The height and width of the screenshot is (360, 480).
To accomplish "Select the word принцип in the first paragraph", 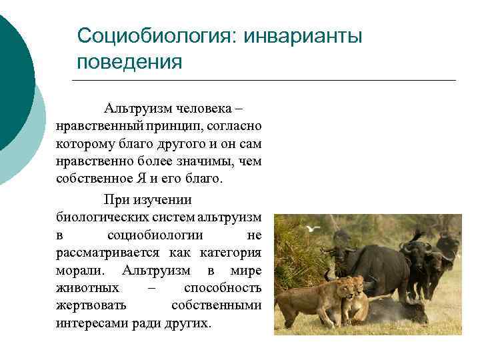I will tap(181, 126).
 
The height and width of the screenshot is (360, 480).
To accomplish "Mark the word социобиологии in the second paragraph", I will tap(155, 236).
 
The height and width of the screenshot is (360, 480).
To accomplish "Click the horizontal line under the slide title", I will tap(263, 81).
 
